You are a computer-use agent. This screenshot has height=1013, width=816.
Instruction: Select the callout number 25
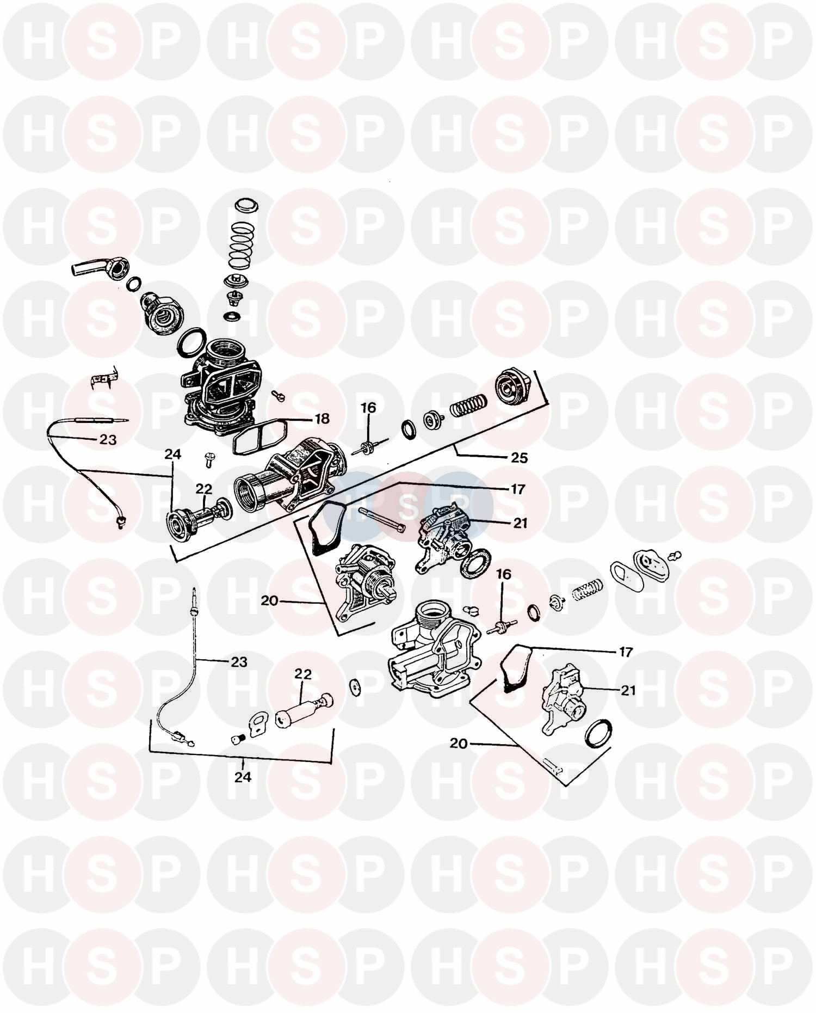(x=520, y=458)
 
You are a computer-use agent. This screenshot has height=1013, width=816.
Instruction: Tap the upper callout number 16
(x=368, y=408)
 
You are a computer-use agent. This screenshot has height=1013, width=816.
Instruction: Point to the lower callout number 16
(x=504, y=574)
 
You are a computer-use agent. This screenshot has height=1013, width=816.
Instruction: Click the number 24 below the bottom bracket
(x=243, y=777)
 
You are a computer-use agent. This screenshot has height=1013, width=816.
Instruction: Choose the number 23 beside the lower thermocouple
(x=239, y=662)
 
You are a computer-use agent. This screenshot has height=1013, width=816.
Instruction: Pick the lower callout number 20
(x=459, y=743)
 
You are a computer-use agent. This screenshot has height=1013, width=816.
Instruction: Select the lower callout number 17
(x=626, y=652)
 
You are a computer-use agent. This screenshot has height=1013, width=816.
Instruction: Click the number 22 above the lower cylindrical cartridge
(x=303, y=674)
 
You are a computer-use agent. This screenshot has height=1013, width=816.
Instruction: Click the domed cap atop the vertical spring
(x=248, y=207)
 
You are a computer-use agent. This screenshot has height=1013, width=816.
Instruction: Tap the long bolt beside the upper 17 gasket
(x=381, y=520)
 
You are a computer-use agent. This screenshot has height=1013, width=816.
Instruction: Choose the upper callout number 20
(x=270, y=601)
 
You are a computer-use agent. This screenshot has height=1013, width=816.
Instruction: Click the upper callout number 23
(x=108, y=439)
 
